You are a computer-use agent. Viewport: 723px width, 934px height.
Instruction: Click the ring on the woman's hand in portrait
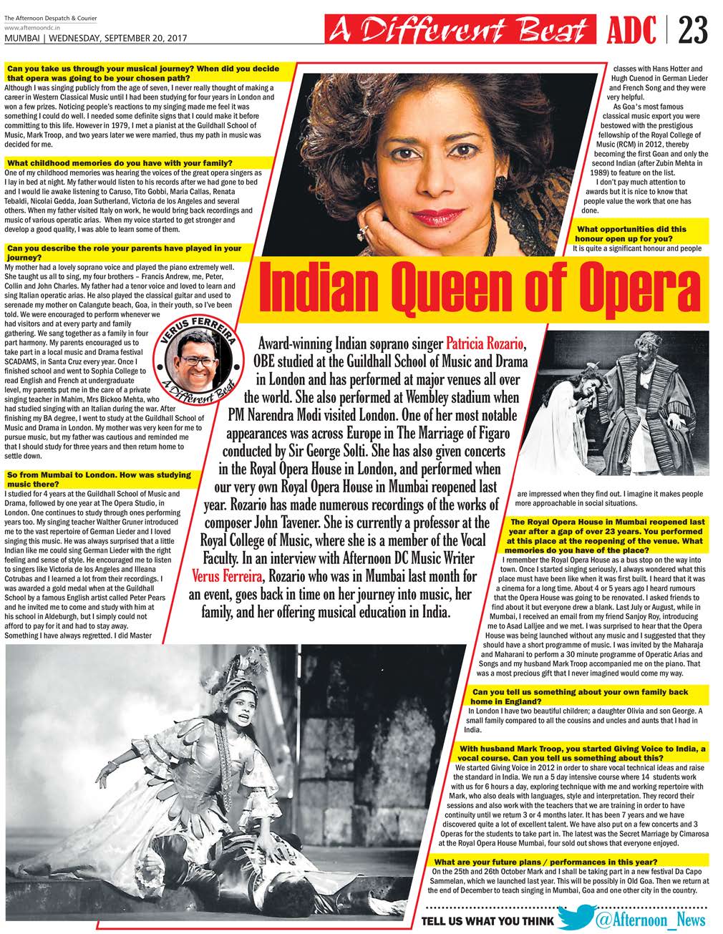click(x=363, y=230)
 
